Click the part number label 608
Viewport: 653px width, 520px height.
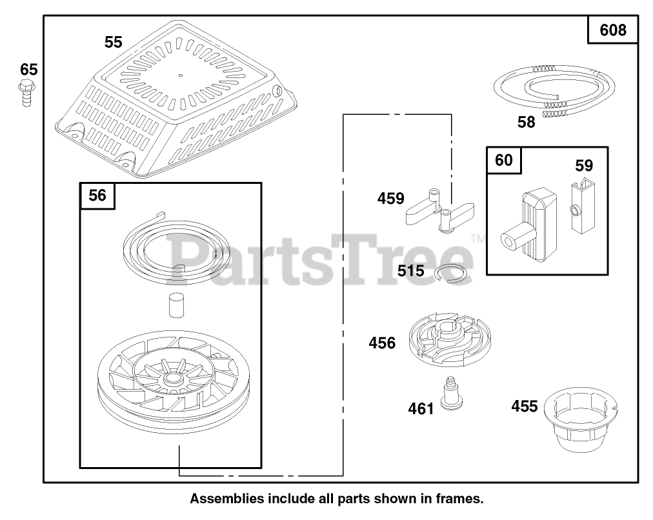612,30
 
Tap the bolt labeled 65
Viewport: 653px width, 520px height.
26,92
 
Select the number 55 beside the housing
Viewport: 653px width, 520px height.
113,43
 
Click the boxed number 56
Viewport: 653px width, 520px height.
97,195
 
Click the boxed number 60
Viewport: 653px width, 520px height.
503,160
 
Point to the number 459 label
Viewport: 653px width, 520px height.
391,199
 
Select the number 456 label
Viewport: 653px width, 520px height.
382,343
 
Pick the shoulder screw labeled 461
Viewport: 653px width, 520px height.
452,393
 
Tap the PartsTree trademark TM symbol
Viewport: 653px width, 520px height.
478,239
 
